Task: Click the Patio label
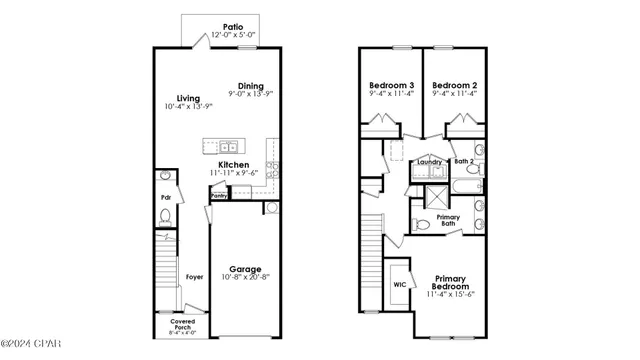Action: pos(234,27)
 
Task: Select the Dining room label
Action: pos(250,86)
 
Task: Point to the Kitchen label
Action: pos(234,164)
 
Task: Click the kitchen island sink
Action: pos(221,144)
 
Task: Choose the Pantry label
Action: pos(219,196)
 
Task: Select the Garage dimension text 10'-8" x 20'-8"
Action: pos(245,279)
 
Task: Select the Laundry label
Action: pos(431,160)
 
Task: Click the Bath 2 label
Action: pos(464,160)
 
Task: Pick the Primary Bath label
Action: pos(448,220)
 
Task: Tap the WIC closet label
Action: pos(399,284)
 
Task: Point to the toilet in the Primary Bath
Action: pos(421,223)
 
